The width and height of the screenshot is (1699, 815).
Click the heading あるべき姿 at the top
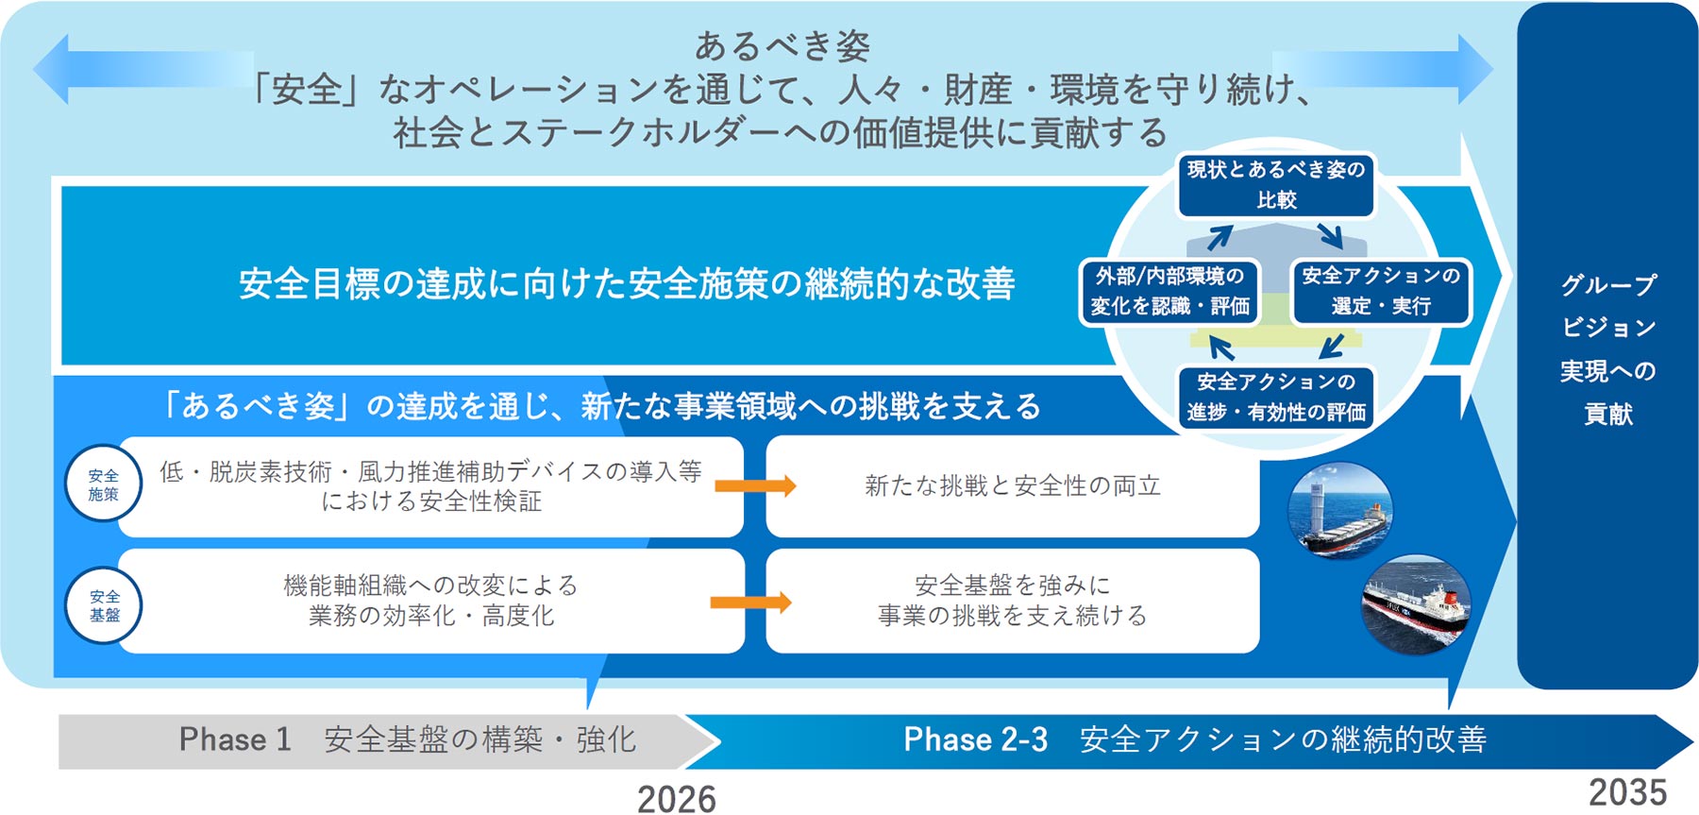pos(782,44)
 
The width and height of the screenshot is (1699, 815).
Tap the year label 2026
pos(676,799)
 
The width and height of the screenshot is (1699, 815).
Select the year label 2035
pos(1627,792)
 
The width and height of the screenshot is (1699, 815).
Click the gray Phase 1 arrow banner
pos(378,740)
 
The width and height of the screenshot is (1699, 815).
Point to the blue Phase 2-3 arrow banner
pos(1189,740)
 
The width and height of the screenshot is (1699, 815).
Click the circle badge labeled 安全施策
pos(104,484)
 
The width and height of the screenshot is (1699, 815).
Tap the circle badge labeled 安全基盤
pos(104,605)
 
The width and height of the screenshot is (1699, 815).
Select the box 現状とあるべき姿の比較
pos(1276,185)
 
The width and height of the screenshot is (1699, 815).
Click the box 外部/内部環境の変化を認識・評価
pos(1170,291)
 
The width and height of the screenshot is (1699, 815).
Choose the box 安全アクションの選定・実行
pos(1381,291)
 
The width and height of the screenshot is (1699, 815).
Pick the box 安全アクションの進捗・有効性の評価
pos(1276,398)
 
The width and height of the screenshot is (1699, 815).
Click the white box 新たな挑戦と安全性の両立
pos(1012,486)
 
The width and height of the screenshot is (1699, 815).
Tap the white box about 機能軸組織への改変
pos(430,601)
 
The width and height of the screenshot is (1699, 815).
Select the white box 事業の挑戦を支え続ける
pos(1012,601)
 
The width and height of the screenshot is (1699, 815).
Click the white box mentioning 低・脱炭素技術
pos(430,486)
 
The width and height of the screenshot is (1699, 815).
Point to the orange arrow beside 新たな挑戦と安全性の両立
pos(755,486)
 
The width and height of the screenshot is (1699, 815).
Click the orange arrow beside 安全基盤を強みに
pos(751,603)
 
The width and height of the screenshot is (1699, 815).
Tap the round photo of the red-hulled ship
pos(1416,604)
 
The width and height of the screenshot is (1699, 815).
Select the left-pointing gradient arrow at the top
pos(142,69)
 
